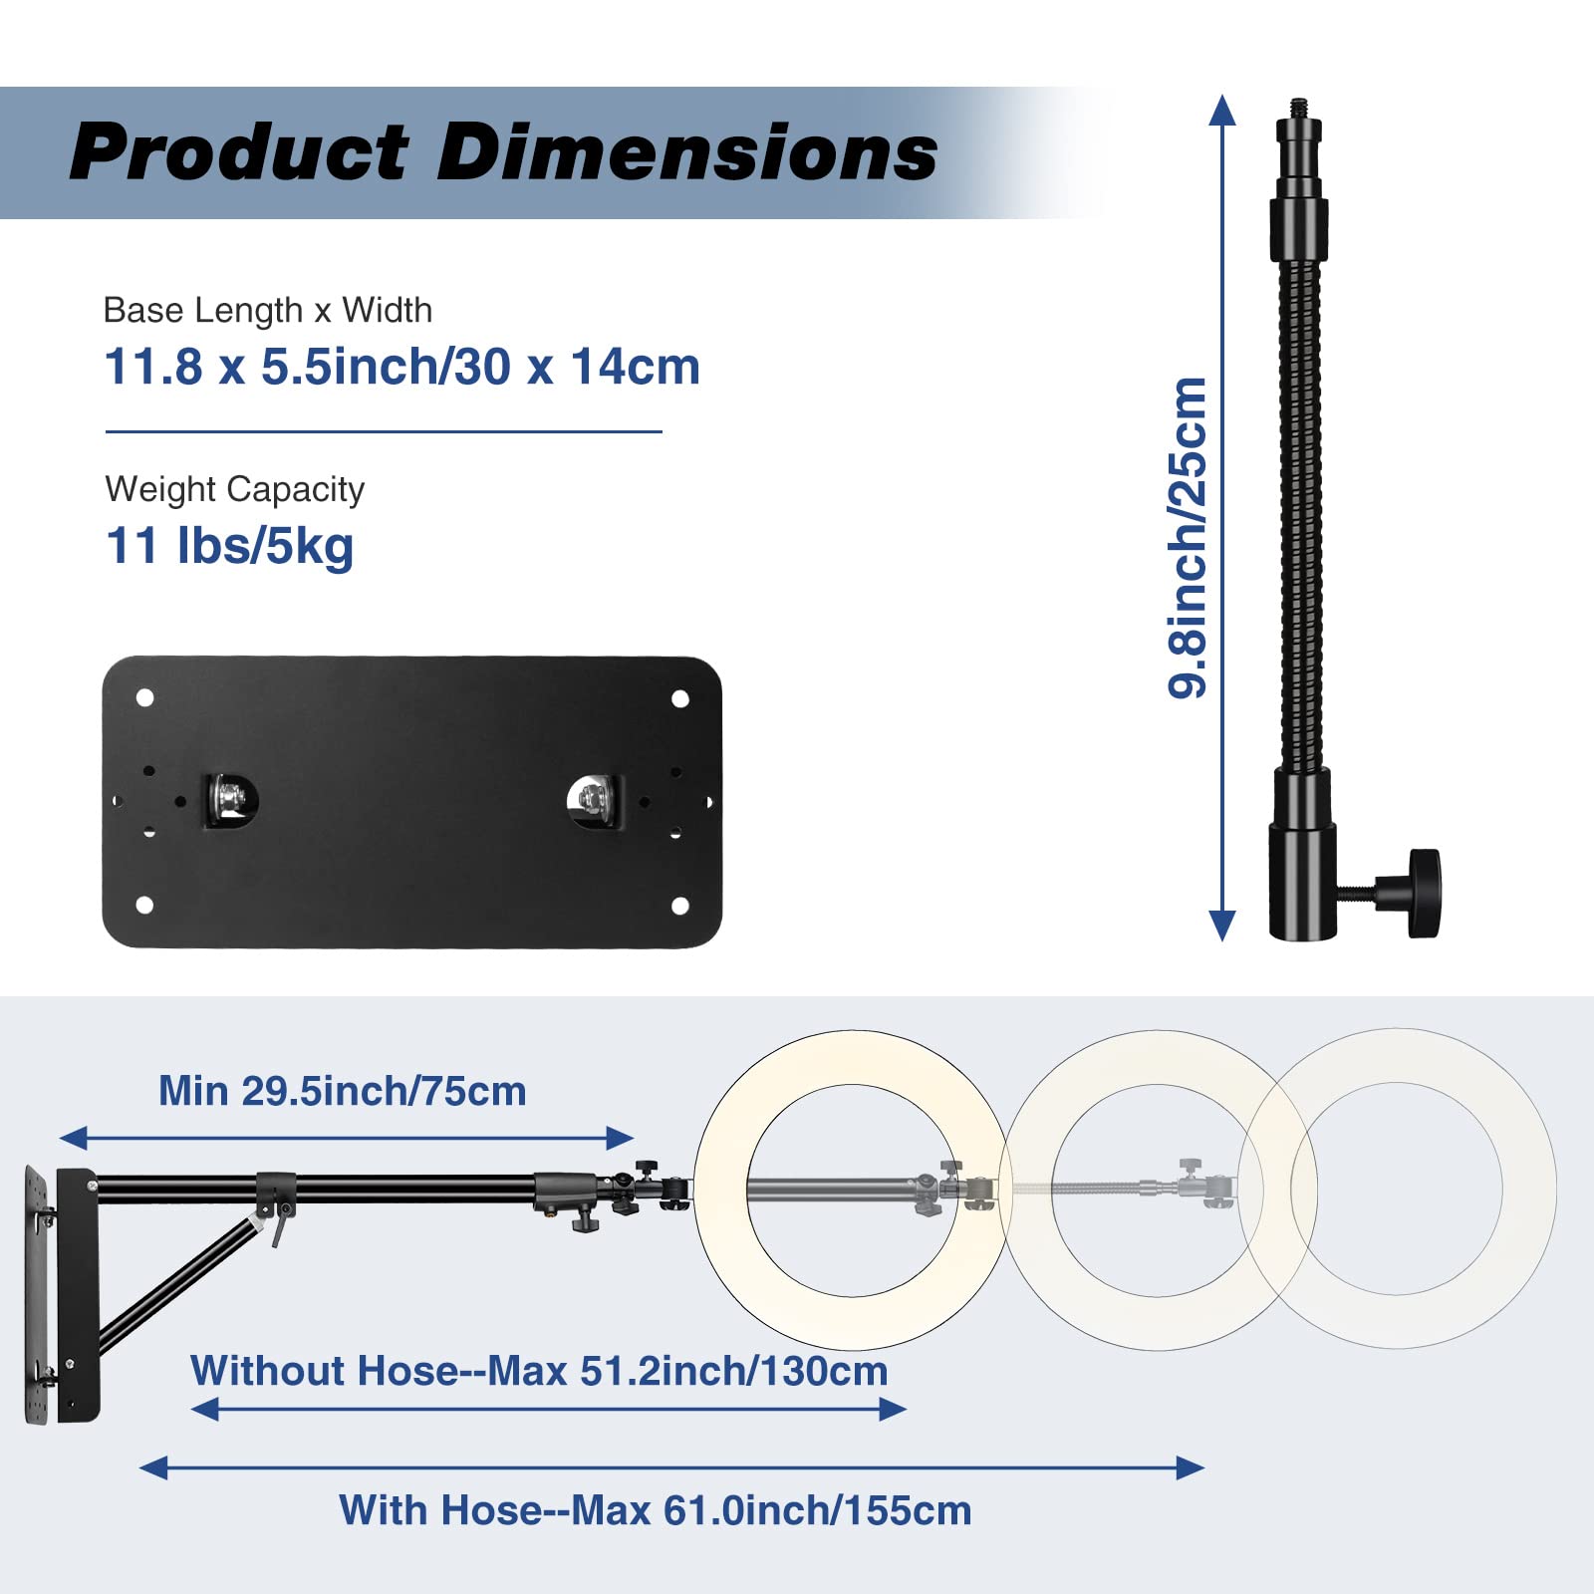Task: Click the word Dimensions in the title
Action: click(687, 152)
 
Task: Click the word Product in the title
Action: click(239, 152)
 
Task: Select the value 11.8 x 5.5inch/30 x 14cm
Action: click(402, 367)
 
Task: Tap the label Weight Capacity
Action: click(235, 489)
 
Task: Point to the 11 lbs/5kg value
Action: click(230, 546)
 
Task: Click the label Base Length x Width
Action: click(268, 310)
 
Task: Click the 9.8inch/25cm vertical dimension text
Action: click(1188, 538)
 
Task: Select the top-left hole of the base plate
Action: click(144, 697)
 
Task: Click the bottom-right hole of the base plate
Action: click(680, 906)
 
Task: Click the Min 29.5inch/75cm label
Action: click(343, 1091)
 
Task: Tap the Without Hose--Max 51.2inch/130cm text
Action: click(539, 1371)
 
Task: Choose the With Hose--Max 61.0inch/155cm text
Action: click(655, 1510)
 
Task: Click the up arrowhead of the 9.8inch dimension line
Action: click(1222, 110)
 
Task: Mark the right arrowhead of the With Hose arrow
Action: click(1191, 1467)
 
